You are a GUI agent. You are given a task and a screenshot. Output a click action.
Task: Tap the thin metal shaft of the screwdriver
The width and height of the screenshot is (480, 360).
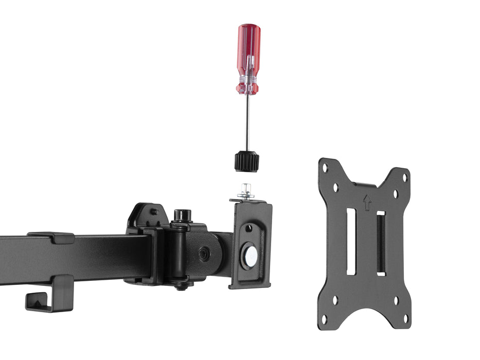click(247, 123)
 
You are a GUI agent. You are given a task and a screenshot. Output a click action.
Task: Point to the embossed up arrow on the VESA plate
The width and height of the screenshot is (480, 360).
click(366, 202)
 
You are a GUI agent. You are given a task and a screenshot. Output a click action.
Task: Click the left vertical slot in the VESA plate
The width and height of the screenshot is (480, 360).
click(351, 241)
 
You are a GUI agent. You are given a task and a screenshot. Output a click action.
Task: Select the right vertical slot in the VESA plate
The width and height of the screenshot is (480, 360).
click(381, 243)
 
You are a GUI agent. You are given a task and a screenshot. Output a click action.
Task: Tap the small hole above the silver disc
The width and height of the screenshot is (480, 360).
click(250, 228)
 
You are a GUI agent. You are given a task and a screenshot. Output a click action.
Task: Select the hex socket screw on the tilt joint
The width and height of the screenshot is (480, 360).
click(204, 254)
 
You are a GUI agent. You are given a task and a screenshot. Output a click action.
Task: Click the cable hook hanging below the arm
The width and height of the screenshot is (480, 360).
click(49, 296)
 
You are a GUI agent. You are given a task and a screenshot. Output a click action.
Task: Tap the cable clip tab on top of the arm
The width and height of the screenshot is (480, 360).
click(51, 237)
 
